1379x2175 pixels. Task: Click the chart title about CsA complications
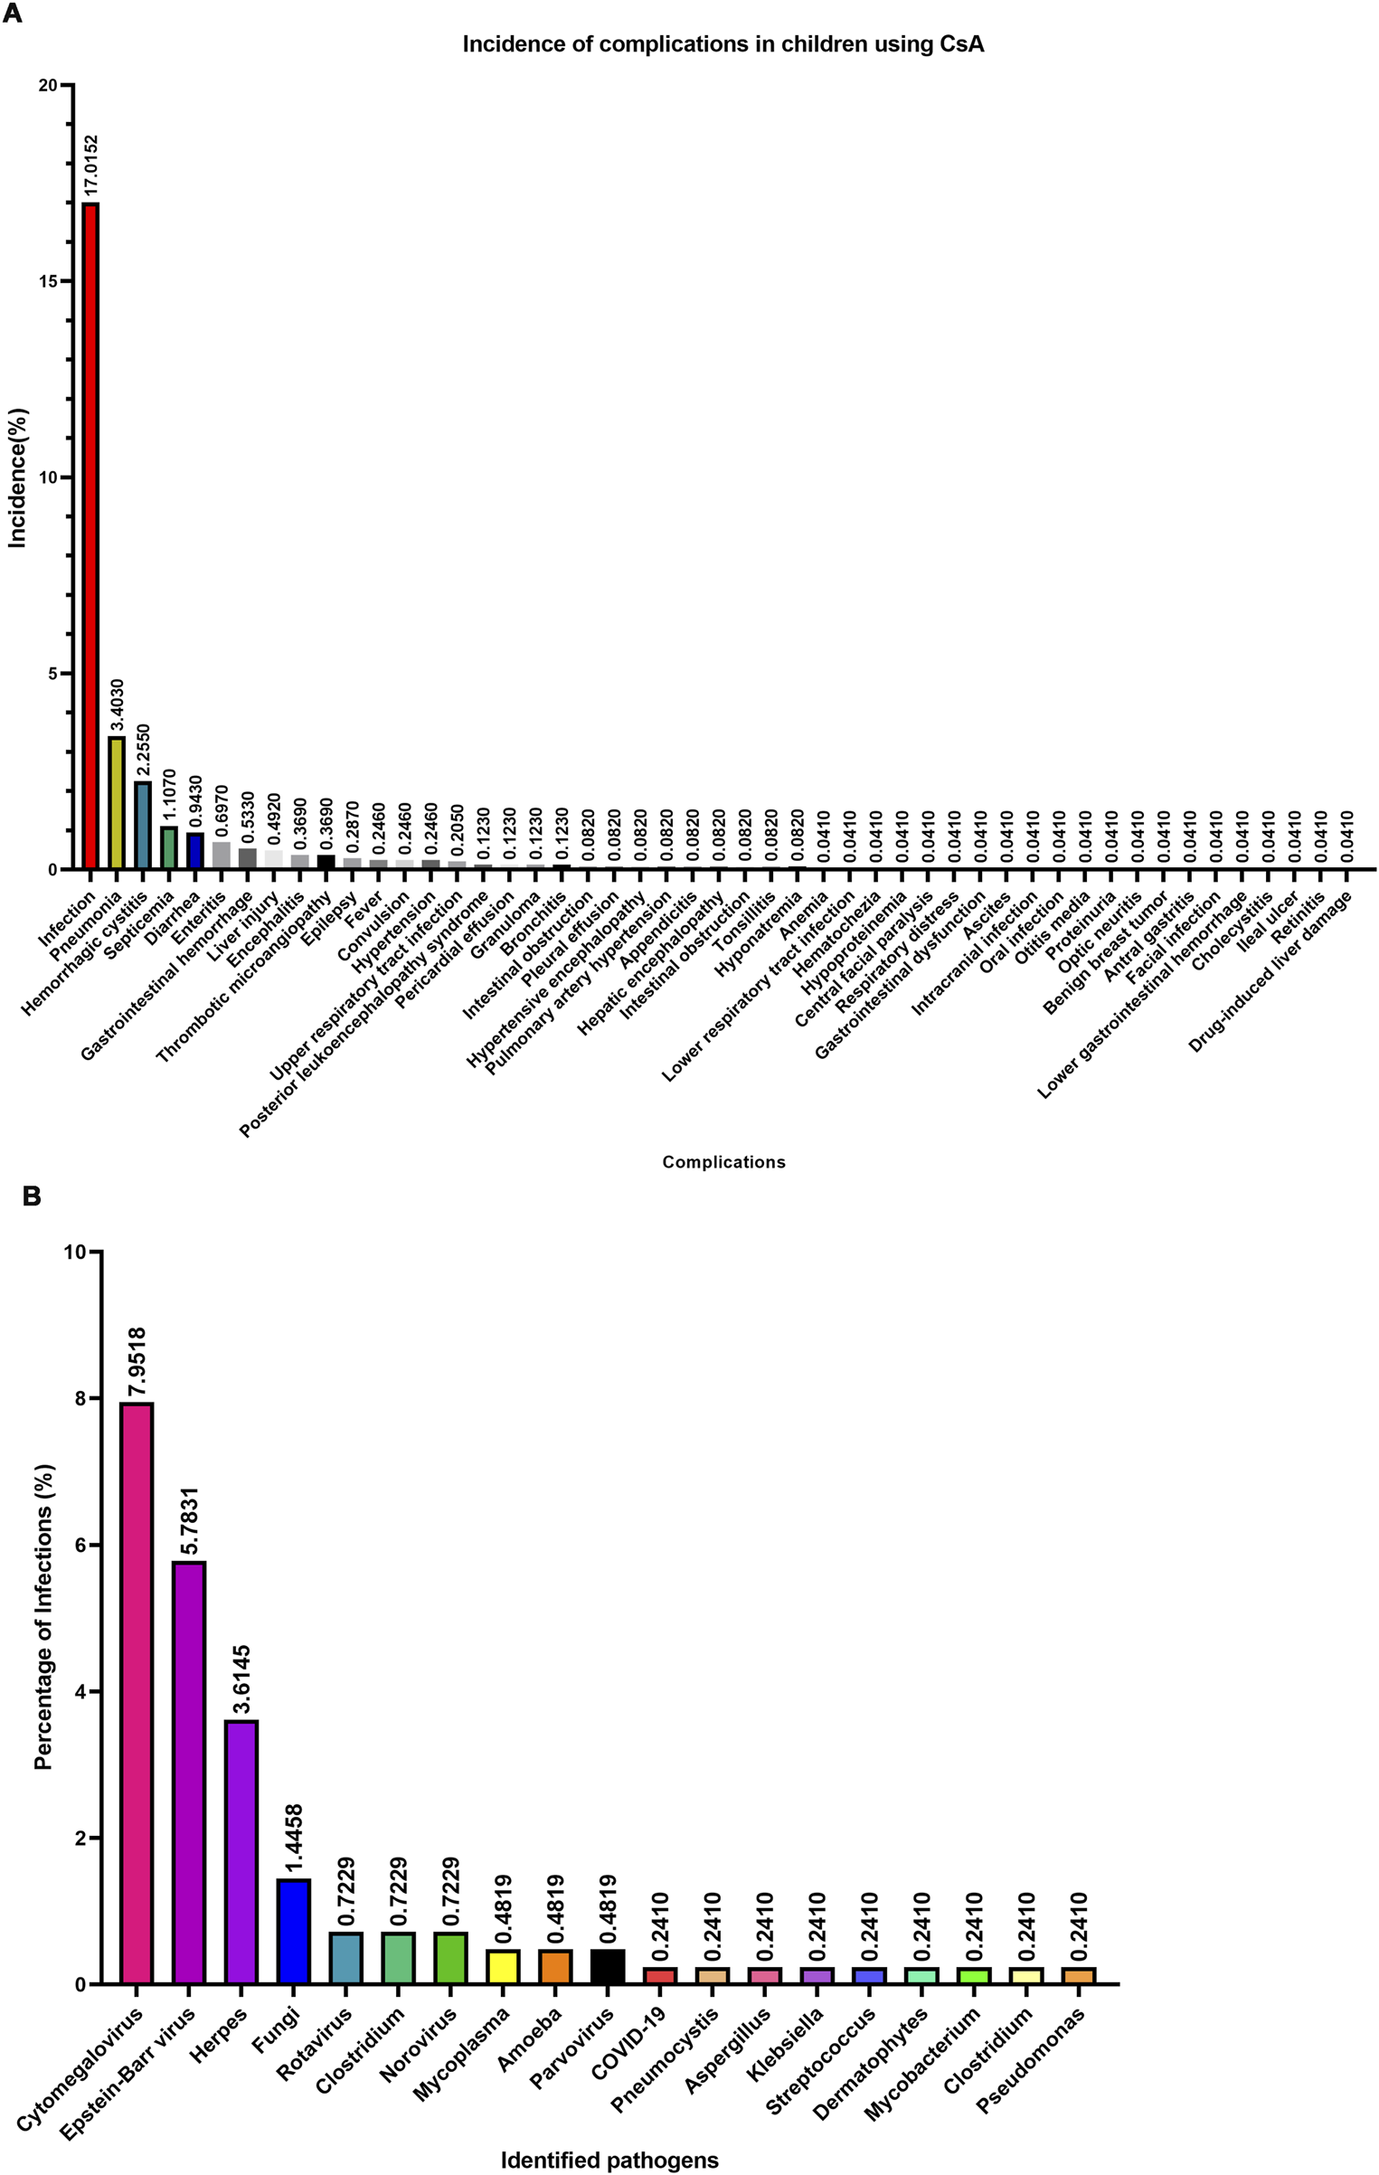click(723, 44)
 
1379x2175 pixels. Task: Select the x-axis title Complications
click(723, 1162)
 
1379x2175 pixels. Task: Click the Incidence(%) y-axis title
click(18, 478)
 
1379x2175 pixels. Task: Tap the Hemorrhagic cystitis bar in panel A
click(143, 825)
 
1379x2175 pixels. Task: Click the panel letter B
click(32, 1197)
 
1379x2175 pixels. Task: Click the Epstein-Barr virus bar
click(189, 1773)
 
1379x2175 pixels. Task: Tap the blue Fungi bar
click(294, 1933)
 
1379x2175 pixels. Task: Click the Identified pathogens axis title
click(609, 2161)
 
